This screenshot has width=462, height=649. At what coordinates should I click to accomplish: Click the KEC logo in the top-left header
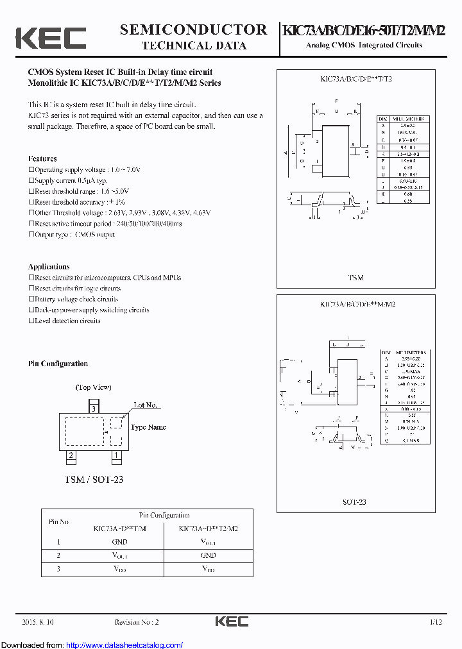(50, 37)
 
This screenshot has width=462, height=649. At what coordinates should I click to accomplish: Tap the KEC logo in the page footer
(231, 621)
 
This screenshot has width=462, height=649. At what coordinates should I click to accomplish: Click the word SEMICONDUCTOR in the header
(193, 30)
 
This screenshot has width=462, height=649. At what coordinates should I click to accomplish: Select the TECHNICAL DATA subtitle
(193, 46)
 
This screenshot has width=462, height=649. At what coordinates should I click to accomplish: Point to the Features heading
(42, 158)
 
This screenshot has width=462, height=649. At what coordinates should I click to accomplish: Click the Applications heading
(49, 267)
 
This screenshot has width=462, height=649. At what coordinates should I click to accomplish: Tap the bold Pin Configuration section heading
(58, 364)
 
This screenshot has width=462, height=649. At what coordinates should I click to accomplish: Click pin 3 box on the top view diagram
(94, 408)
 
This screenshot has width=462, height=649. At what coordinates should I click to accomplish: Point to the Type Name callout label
(148, 427)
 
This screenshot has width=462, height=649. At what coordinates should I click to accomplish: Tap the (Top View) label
(94, 387)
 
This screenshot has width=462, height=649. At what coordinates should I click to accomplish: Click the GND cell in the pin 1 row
(119, 542)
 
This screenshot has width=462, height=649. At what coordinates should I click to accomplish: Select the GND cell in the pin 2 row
(208, 555)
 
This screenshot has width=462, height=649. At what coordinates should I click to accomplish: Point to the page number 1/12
(436, 622)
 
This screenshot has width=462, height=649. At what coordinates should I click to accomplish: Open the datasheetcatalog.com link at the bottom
(124, 645)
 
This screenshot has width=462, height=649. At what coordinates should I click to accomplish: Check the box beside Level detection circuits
(31, 321)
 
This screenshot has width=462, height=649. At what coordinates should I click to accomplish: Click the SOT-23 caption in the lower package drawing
(354, 502)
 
